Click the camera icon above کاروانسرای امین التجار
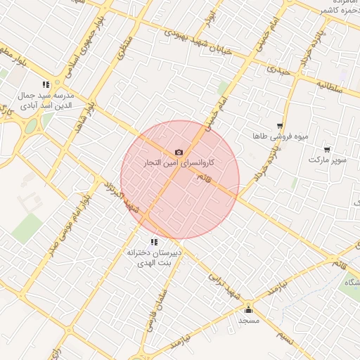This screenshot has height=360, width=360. coord(179,153)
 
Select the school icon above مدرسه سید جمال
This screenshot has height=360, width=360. coord(46,84)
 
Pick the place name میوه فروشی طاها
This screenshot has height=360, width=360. coord(281,136)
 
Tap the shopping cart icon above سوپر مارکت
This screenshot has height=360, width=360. coord(327,149)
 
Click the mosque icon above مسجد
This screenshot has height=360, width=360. coord(247,309)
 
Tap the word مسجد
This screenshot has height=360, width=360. coord(249,320)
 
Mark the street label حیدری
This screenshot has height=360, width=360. coord(279,70)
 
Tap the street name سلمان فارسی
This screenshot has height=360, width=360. coord(156,309)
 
